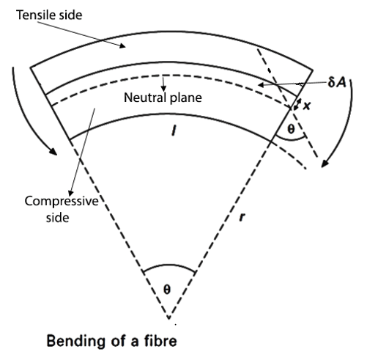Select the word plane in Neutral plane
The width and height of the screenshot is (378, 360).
tap(186, 98)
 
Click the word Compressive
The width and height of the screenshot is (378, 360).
tap(62, 202)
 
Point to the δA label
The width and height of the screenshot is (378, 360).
tap(337, 82)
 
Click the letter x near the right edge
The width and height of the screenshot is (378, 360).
tap(307, 106)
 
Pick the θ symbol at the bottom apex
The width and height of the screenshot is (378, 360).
tap(167, 290)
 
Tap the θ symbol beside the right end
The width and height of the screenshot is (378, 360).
tap(291, 129)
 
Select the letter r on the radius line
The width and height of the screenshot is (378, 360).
tap(242, 216)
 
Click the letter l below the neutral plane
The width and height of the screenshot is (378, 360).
tap(174, 130)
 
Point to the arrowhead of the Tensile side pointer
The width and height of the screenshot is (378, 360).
tap(122, 45)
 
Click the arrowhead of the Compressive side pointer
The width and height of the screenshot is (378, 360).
tap(71, 193)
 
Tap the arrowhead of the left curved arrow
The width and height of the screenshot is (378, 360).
tap(53, 151)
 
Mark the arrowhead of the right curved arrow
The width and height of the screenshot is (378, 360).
tap(325, 164)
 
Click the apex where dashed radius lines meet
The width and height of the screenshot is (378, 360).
tap(168, 317)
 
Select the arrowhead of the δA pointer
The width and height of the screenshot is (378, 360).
tap(262, 85)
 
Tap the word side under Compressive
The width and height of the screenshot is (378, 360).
tap(58, 217)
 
